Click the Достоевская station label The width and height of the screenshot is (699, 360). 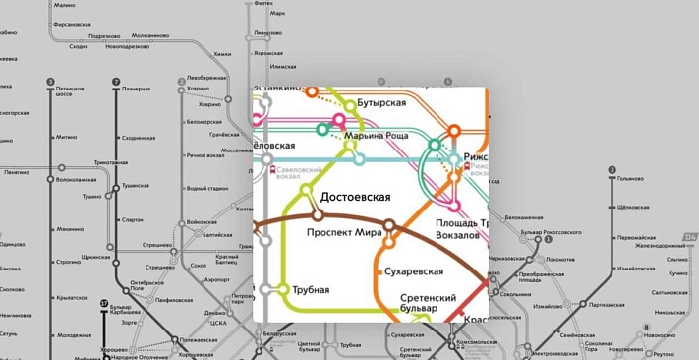pos(343,197)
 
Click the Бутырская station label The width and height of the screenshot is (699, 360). pos(380,102)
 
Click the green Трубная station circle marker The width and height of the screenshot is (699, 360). pos(284,290)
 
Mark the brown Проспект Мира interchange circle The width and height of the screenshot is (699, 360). pos(389,226)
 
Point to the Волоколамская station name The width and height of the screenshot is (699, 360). pos(79,180)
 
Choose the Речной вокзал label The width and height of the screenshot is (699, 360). pos(204,155)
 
